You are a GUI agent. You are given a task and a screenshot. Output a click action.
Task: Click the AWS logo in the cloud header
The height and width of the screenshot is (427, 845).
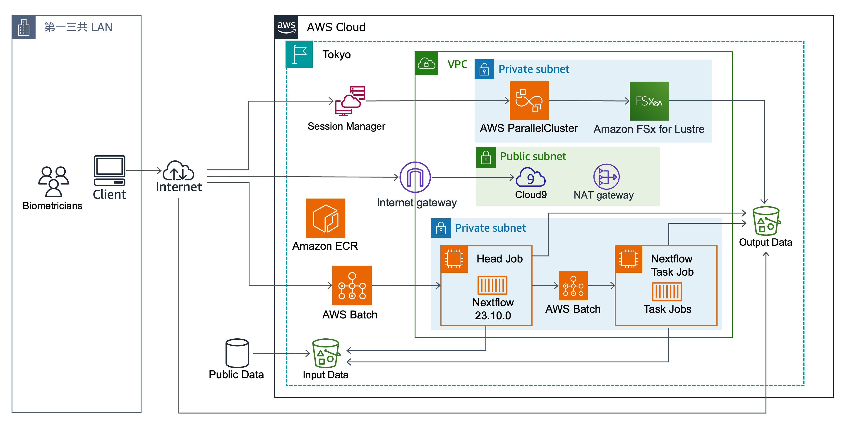286,27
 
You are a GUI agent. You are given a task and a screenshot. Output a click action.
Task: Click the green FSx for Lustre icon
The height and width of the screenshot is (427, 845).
649,101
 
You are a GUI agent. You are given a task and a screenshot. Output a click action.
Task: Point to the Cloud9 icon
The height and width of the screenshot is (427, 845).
531,177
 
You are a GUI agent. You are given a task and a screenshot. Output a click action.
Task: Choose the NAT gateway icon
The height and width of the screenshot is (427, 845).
606,177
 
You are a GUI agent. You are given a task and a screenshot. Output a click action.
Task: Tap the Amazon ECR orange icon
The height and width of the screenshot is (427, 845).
325,218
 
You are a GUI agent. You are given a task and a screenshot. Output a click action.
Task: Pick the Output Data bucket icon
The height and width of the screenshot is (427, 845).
766,221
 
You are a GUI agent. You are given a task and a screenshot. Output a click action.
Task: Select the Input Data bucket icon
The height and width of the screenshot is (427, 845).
326,353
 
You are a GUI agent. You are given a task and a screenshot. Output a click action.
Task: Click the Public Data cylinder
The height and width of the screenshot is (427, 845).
237,353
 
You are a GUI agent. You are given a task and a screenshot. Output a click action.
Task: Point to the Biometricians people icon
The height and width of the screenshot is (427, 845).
53,182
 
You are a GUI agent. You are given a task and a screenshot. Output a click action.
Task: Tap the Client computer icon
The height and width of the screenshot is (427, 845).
110,170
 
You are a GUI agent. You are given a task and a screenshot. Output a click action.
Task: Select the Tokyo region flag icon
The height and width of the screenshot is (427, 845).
299,54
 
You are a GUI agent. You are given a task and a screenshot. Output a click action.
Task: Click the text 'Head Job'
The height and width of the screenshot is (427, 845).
499,259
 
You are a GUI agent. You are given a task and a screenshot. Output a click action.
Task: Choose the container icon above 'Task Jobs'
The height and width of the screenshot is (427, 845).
667,292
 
